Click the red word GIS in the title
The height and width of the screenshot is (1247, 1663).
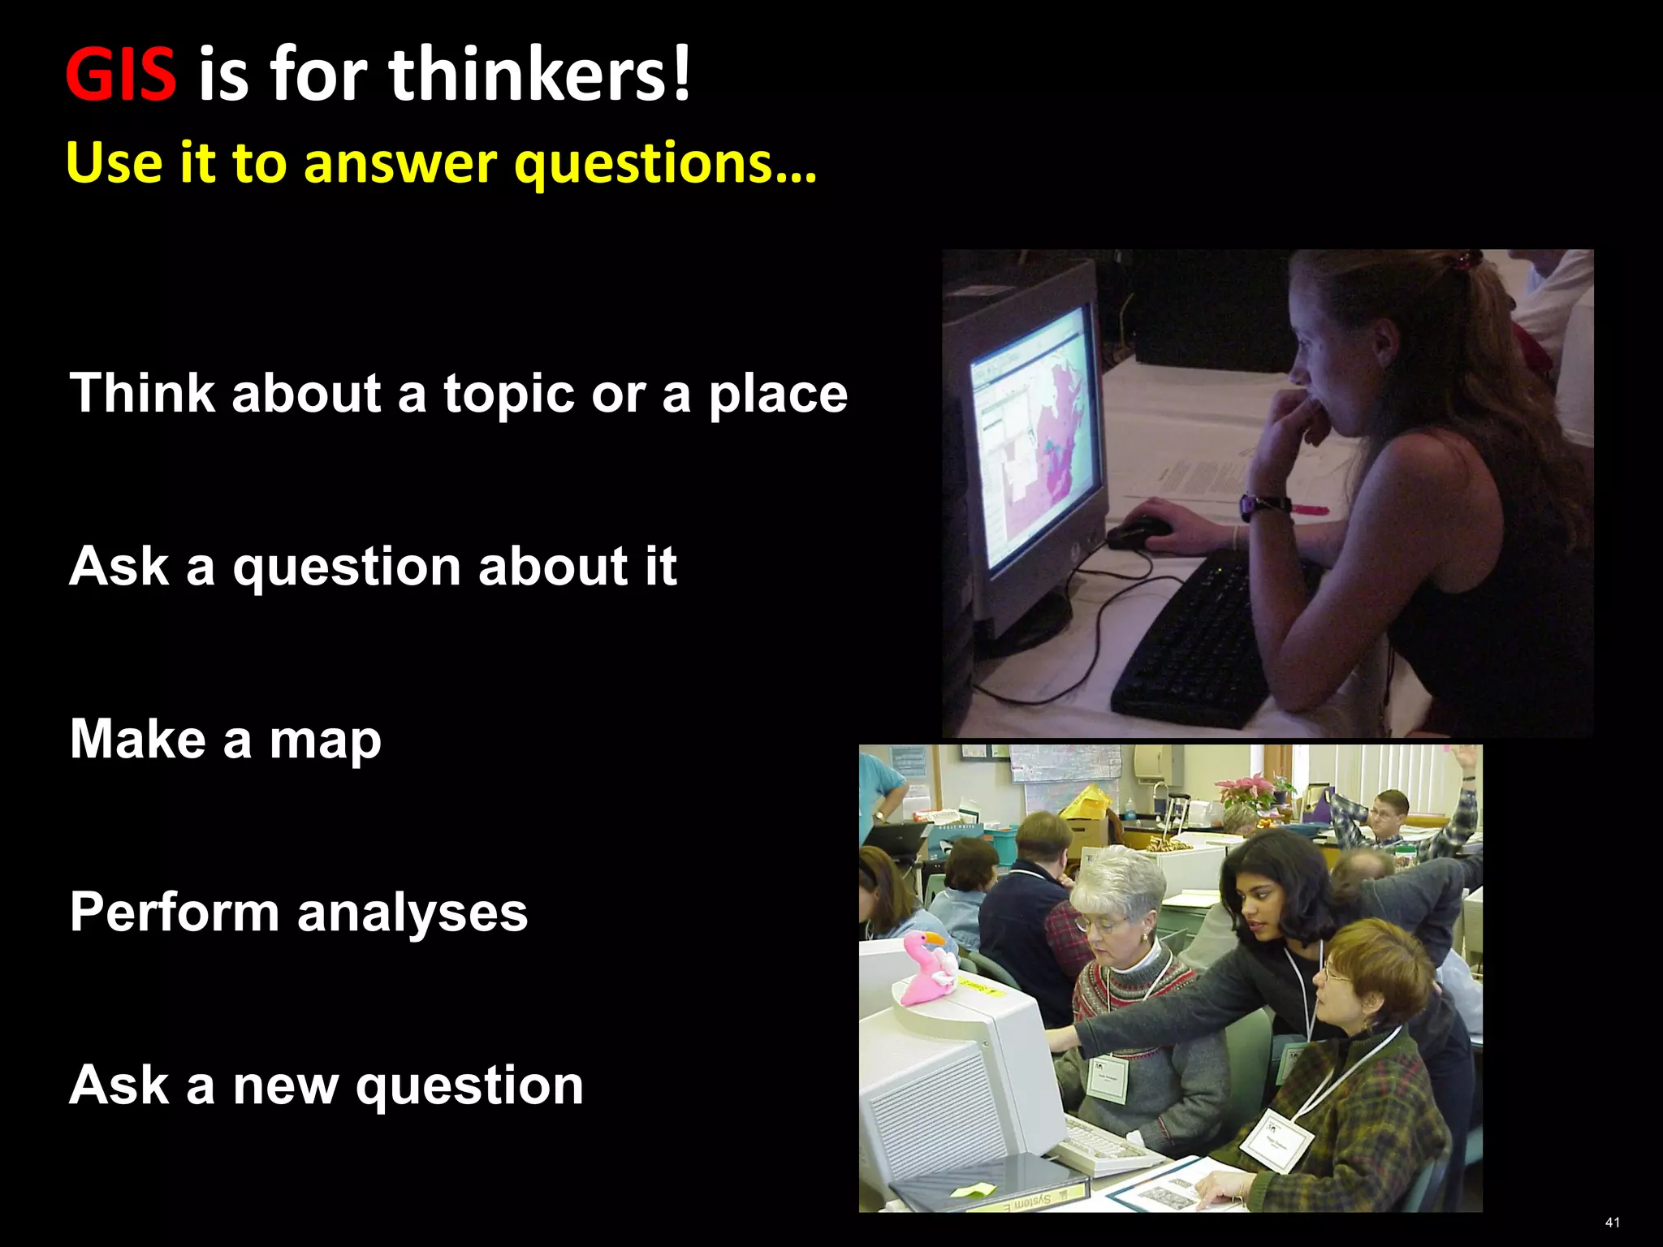click(x=120, y=75)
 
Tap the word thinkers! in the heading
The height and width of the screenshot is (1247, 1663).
click(x=539, y=75)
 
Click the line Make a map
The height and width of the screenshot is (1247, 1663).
click(x=225, y=740)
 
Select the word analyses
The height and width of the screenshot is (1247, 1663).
click(x=413, y=913)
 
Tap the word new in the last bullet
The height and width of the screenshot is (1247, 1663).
click(x=285, y=1085)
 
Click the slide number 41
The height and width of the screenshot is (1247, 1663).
click(x=1612, y=1223)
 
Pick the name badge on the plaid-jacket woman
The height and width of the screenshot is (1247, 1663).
click(x=1276, y=1140)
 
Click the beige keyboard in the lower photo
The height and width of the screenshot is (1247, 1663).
click(x=1104, y=1146)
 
